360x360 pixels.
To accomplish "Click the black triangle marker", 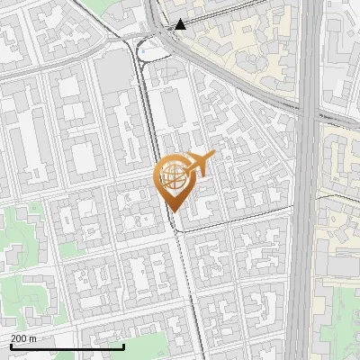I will [181, 24].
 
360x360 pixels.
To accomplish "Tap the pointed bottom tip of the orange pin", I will [171, 211].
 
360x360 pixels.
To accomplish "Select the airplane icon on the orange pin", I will [199, 163].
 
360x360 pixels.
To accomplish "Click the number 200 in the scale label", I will [19, 338].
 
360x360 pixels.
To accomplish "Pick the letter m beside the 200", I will [33, 338].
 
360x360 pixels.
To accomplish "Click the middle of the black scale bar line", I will [67, 346].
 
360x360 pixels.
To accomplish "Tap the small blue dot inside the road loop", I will [143, 52].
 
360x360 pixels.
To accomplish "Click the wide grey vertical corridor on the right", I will [304, 225].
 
